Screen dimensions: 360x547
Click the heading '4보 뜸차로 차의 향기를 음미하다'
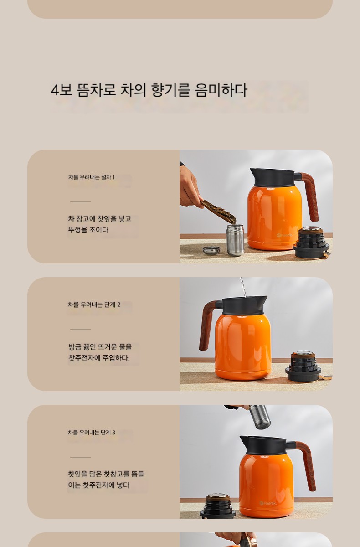149,90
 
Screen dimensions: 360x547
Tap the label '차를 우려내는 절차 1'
91,177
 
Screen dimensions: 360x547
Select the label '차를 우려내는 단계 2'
94,304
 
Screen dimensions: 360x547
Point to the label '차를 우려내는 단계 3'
92,433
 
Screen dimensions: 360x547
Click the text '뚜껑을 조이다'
88,230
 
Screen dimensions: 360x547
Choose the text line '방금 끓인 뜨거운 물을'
100,347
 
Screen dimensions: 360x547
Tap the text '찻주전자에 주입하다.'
99,358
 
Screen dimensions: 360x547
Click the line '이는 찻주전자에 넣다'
98,485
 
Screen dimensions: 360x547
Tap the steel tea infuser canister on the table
235,240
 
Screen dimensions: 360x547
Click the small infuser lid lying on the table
211,250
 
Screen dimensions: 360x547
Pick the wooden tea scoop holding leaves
218,211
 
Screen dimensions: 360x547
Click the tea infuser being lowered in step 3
260,417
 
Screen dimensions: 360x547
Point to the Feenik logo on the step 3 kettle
268,503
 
